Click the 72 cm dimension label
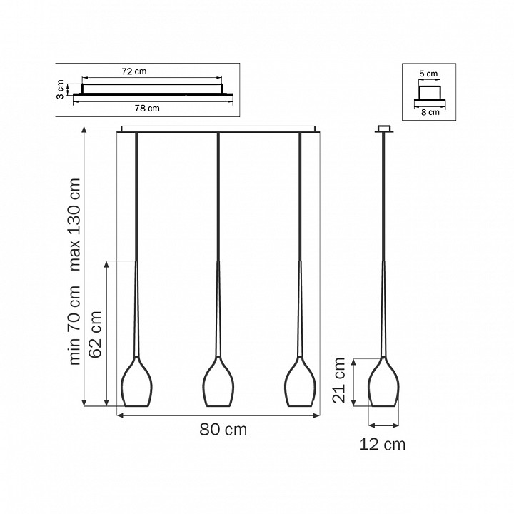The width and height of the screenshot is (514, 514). point(134,71)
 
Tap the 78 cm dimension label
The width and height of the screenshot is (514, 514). point(147,109)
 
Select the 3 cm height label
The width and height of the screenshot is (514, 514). point(60,89)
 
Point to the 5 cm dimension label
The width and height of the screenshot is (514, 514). point(428,74)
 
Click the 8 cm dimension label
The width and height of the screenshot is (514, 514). point(430,113)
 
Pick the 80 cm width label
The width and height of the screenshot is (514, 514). point(223,430)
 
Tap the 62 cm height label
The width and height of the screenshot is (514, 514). point(96,334)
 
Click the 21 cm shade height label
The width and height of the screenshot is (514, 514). point(339,381)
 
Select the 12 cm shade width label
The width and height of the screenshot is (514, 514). point(382,445)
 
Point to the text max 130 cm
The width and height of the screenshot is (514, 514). point(74,225)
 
